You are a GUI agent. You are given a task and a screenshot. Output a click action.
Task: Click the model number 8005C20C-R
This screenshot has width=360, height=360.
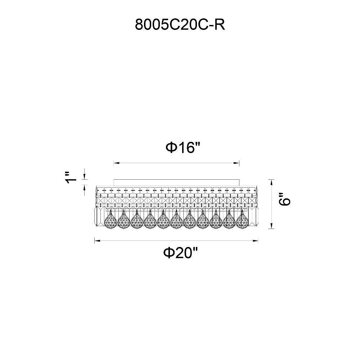tap(180, 24)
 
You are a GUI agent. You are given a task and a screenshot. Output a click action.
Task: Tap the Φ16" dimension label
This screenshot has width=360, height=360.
tap(183, 147)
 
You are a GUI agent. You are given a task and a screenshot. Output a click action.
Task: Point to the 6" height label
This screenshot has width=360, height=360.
tap(285, 199)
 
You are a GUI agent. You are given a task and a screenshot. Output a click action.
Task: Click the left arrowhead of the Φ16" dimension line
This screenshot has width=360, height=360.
tap(117, 163)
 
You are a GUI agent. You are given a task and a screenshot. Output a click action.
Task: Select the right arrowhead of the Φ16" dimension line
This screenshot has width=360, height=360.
tap(237, 163)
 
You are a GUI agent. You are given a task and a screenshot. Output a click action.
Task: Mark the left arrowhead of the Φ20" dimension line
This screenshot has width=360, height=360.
tap(98, 240)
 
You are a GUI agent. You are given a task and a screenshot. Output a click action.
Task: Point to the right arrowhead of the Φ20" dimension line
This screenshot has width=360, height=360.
tap(255, 240)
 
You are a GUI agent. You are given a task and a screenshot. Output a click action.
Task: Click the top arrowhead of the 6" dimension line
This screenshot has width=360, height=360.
tap(271, 182)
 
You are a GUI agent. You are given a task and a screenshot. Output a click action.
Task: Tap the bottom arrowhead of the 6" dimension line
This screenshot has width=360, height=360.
tap(271, 226)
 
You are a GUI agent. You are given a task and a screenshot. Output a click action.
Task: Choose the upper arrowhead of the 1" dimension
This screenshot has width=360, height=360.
tap(85, 176)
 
